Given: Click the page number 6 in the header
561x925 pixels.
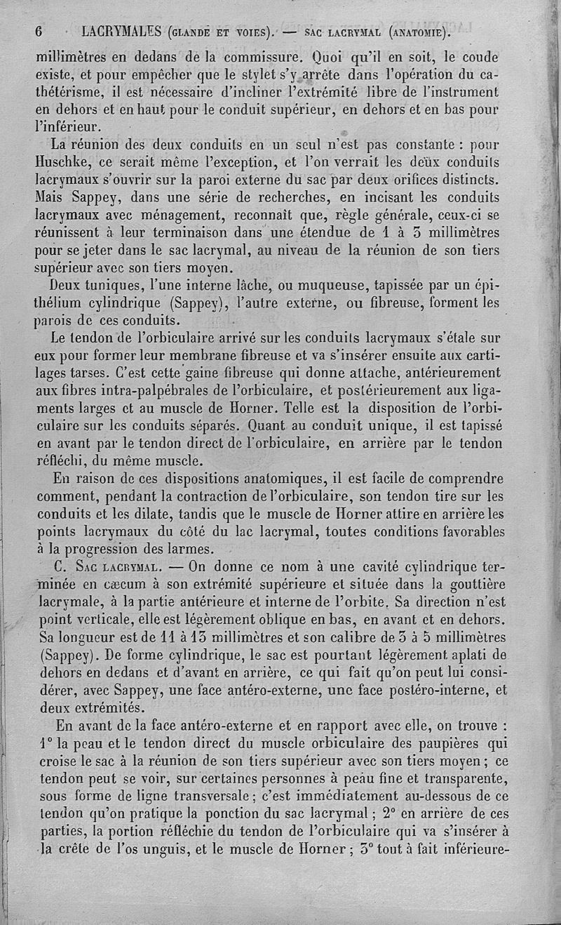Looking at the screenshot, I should [x=39, y=32].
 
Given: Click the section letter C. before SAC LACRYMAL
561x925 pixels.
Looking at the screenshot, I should [x=59, y=566].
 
